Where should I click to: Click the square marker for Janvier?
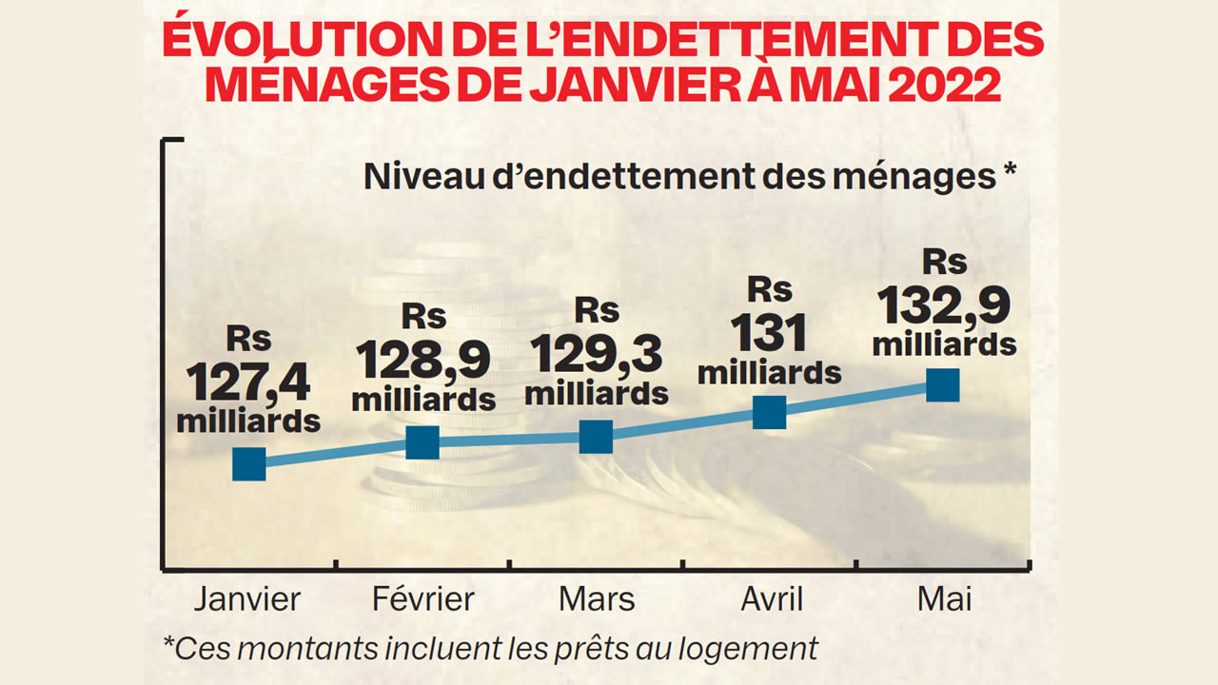coord(249,463)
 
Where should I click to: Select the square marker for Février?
coord(422,441)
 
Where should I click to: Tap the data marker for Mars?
coord(596,436)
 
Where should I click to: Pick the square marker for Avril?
coord(769,412)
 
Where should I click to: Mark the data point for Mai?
coord(942,385)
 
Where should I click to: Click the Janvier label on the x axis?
coord(247,599)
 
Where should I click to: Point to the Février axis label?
coord(422,599)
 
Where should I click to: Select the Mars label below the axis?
coord(597,599)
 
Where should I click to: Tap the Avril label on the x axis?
coord(771,599)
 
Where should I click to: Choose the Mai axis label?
coord(945,599)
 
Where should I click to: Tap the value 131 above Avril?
coord(769,334)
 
